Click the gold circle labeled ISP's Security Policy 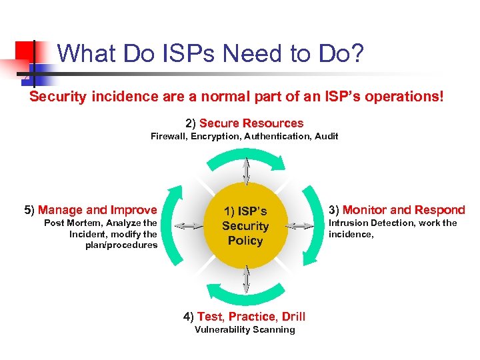click(245, 226)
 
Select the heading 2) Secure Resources click(245, 123)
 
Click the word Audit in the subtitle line click(326, 136)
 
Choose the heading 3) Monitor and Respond click(397, 210)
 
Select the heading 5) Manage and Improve click(91, 210)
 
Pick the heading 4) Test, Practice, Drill click(245, 317)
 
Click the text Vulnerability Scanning click(245, 329)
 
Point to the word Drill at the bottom click(293, 317)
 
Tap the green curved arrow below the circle click(245, 297)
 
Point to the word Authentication click(275, 136)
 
